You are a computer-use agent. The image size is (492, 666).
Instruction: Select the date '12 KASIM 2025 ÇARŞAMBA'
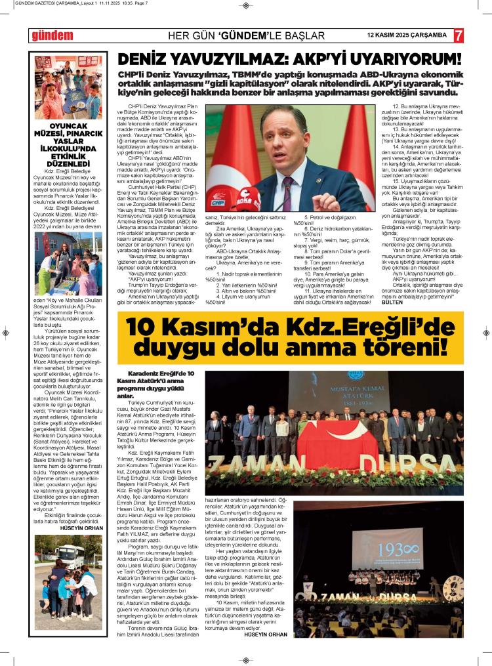[x=407, y=35]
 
